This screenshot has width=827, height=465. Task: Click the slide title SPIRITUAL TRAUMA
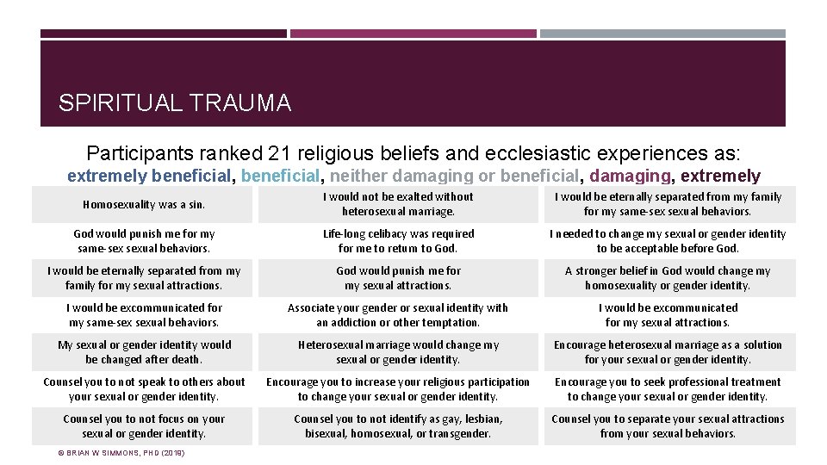[x=175, y=104]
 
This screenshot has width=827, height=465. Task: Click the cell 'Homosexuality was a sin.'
[x=144, y=205]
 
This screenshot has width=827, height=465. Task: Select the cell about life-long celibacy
[x=398, y=241]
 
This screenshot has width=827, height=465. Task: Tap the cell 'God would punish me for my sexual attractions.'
[x=398, y=278]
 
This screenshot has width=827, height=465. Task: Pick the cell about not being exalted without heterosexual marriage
[x=398, y=204]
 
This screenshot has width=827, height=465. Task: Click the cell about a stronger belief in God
[x=668, y=278]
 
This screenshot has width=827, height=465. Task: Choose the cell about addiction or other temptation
[x=398, y=315]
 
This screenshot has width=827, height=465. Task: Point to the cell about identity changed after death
[x=144, y=352]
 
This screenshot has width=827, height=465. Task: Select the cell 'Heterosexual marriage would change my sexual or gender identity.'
[x=398, y=352]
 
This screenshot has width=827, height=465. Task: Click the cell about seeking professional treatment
[x=668, y=389]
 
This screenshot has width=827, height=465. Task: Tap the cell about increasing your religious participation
[x=398, y=389]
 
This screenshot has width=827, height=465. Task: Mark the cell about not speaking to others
[x=144, y=389]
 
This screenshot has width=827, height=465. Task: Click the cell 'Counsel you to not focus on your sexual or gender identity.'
[x=144, y=426]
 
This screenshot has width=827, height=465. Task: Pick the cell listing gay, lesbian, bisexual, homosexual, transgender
[x=398, y=426]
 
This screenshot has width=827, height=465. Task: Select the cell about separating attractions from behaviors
[x=668, y=426]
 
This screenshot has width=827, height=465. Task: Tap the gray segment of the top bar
[x=662, y=34]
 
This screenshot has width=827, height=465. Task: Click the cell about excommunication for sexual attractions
[x=668, y=315]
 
